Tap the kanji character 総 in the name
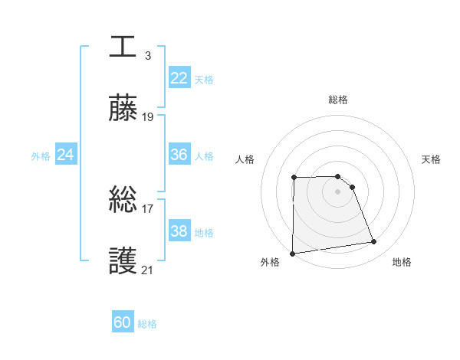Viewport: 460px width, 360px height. coord(123,199)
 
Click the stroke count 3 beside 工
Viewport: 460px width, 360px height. coord(148,55)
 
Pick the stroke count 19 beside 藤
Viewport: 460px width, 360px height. coord(148,117)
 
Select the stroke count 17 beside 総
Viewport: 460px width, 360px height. coord(148,208)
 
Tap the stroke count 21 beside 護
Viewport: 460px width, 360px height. coord(148,270)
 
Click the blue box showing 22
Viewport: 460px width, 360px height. coord(179,78)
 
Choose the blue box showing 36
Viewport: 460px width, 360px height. coord(179,155)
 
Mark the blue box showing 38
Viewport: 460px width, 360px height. coord(179,231)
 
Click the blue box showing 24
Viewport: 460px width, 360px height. coord(66,155)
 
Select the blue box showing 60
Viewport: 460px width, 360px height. coord(123,322)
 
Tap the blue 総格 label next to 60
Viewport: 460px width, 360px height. coord(147,324)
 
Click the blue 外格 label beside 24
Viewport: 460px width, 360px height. coord(41,156)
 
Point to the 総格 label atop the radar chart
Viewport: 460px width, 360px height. coord(338,100)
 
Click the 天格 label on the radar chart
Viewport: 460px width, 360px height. coord(432,159)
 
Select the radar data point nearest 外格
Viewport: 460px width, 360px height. coord(292,254)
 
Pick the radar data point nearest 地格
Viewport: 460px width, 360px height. coord(374,242)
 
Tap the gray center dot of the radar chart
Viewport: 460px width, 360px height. coord(338,191)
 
